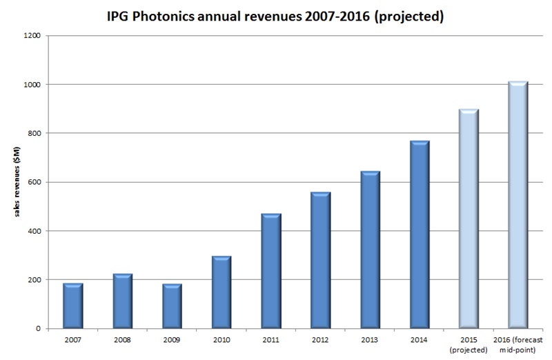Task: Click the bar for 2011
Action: pos(270,271)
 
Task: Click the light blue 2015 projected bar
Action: pos(469,219)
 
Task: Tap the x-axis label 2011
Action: pos(270,340)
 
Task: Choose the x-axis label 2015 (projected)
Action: pos(469,344)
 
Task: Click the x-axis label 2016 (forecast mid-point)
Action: pos(518,344)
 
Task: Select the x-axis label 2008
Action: pos(122,340)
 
